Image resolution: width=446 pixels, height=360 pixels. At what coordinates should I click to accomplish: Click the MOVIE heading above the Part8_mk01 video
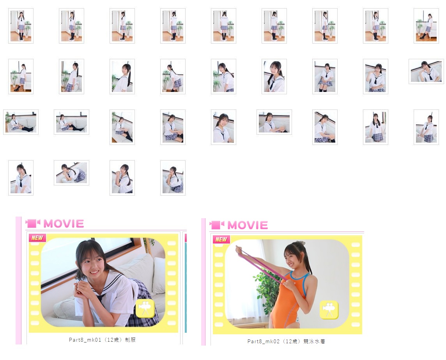pos(64,224)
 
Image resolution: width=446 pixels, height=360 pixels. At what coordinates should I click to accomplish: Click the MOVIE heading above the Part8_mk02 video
pos(248,225)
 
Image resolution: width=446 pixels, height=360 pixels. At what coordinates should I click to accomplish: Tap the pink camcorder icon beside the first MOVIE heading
pos(33,224)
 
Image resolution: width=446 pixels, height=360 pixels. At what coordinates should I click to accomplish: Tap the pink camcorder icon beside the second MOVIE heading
pos(217,225)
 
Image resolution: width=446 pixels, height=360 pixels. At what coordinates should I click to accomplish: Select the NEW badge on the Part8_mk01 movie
pos(37,238)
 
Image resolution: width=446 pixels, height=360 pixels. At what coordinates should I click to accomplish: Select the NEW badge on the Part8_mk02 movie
pos(221,240)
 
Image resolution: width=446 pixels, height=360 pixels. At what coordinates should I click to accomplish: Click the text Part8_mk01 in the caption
pos(85,340)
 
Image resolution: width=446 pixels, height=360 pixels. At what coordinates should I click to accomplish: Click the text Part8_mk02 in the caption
pos(264,341)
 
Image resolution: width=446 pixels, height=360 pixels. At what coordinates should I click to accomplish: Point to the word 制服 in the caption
pos(130,340)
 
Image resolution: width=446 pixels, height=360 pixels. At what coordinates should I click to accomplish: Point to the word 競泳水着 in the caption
pos(314,341)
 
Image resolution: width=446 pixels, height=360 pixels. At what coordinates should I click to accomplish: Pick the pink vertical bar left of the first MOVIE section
pos(18,281)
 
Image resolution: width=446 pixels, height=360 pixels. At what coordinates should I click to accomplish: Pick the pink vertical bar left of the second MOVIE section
pos(203,282)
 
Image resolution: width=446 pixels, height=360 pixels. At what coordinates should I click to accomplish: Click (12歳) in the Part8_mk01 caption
pos(113,340)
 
